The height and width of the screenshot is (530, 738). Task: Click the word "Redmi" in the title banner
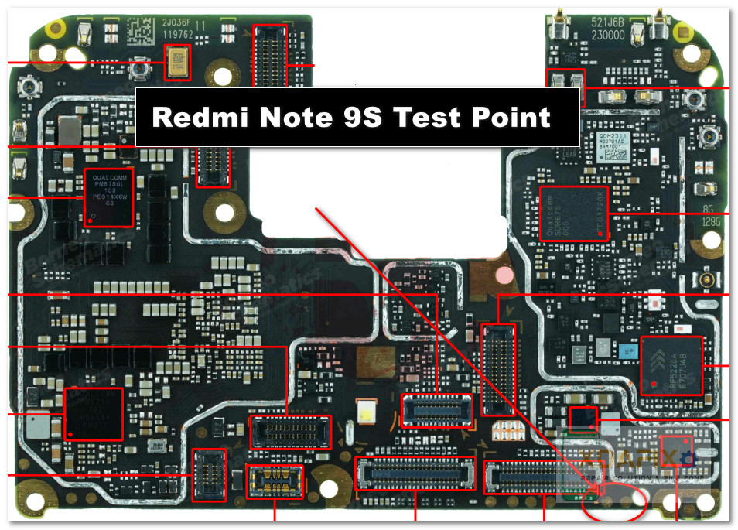(x=200, y=118)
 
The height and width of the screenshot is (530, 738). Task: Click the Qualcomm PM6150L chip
(x=108, y=198)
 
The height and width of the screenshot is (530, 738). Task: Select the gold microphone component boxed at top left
(x=178, y=62)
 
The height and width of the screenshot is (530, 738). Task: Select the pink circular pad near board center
(x=505, y=274)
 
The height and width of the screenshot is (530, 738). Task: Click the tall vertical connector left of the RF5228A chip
(x=498, y=370)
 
